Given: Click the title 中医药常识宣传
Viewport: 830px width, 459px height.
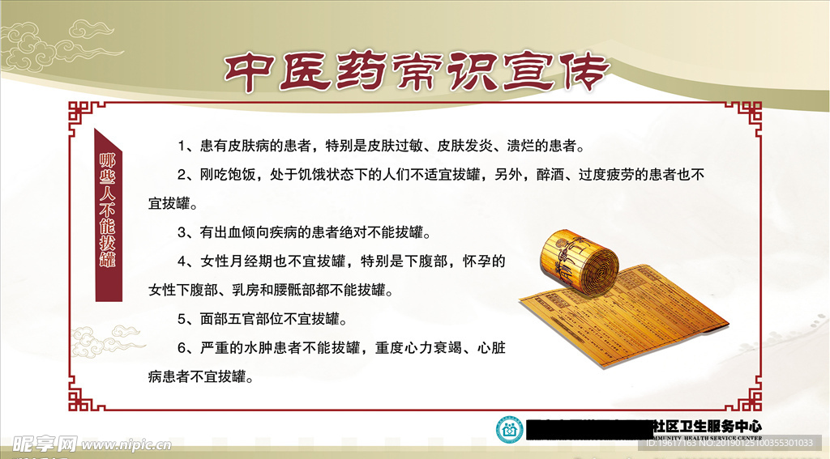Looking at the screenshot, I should (x=415, y=74).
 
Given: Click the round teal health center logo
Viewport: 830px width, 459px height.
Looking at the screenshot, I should (x=510, y=428).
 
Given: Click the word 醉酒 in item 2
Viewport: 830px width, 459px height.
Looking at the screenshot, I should (x=550, y=175).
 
